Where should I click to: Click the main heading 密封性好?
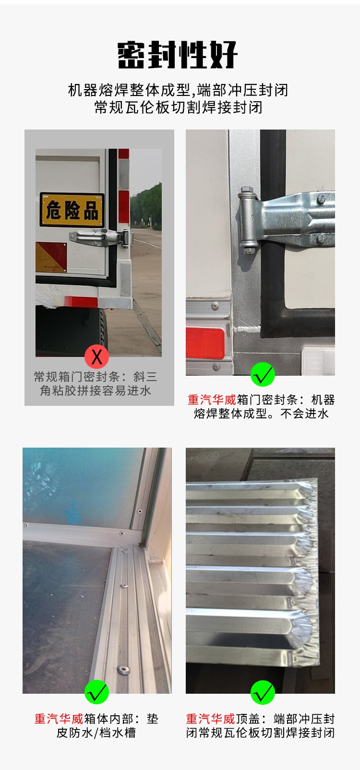(178, 55)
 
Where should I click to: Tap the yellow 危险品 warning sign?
(72, 210)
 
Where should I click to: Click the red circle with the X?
(96, 356)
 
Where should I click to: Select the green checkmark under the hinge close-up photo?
(263, 374)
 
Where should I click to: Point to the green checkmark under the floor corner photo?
(96, 692)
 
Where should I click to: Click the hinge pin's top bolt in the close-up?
(247, 190)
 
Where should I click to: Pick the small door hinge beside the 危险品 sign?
(101, 237)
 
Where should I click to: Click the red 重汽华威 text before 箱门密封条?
(212, 400)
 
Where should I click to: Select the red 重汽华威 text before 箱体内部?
(59, 719)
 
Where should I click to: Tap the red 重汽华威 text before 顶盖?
(210, 719)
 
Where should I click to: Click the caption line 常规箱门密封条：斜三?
(96, 377)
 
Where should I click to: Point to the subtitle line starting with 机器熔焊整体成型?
(178, 90)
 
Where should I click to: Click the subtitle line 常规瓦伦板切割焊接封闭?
(179, 107)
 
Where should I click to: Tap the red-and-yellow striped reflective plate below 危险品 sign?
(51, 257)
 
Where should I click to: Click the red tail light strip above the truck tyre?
(81, 302)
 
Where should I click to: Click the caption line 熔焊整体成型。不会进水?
(261, 414)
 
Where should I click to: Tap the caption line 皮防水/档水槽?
(96, 733)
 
